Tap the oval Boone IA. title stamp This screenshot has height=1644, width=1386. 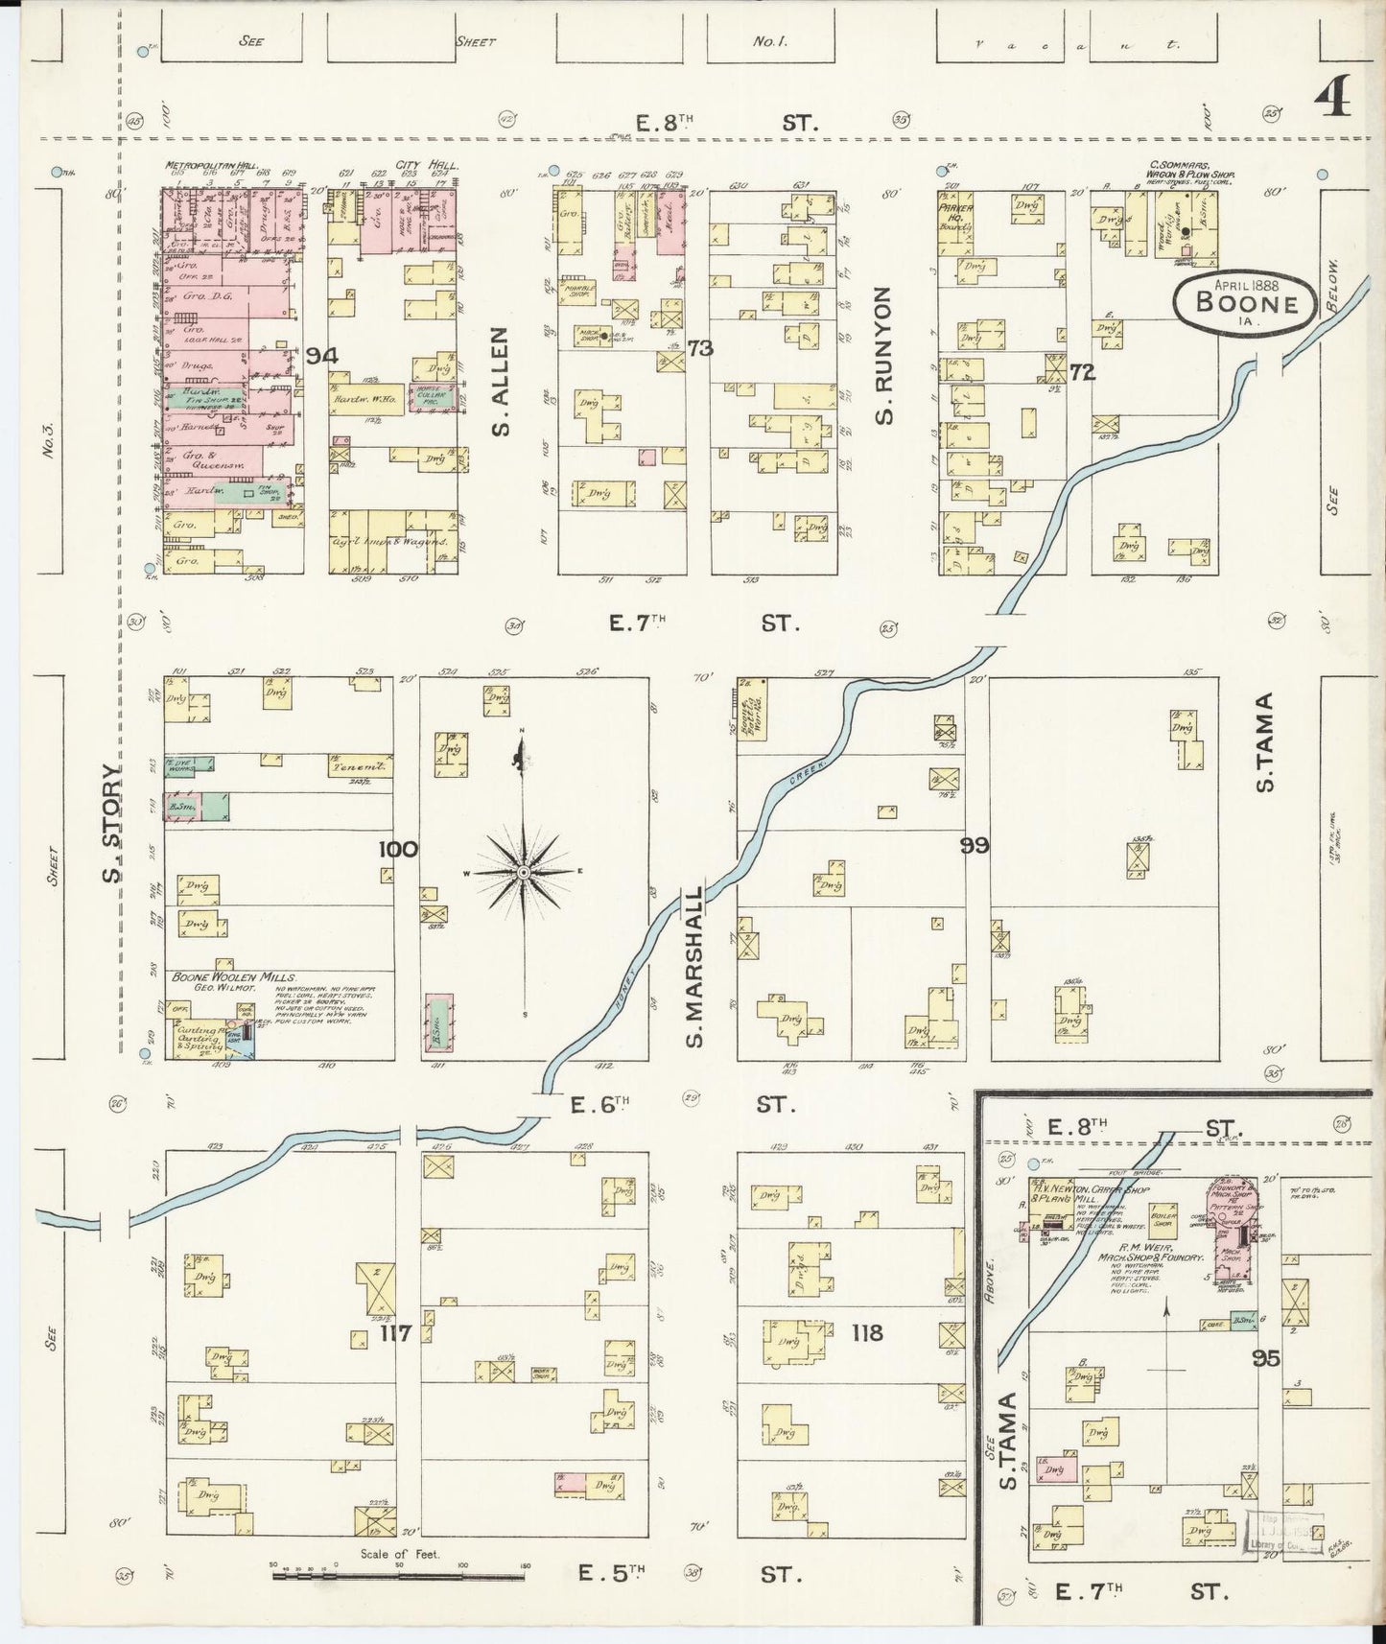tap(1246, 303)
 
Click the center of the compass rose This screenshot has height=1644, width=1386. tap(524, 872)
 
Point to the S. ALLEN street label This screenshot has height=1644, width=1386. tap(501, 381)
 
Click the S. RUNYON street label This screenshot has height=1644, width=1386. tap(883, 355)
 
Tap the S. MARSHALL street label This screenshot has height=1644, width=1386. tap(694, 966)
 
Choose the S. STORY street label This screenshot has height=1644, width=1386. tap(113, 822)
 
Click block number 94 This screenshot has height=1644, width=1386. tap(322, 356)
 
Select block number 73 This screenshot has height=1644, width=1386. tap(700, 348)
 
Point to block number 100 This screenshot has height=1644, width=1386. tap(398, 849)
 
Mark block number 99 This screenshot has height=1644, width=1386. tap(975, 845)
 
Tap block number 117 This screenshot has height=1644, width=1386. tap(395, 1332)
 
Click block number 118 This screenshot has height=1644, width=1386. tap(866, 1332)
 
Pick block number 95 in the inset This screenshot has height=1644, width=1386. tap(1266, 1357)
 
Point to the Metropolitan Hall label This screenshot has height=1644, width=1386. tap(201, 165)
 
